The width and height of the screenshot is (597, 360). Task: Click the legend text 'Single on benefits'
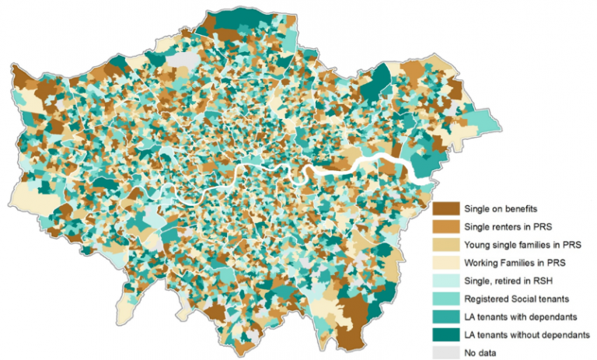tap(498, 208)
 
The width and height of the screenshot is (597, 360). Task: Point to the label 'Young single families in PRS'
tap(520, 243)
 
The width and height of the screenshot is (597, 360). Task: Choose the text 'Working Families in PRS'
tap(512, 261)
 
